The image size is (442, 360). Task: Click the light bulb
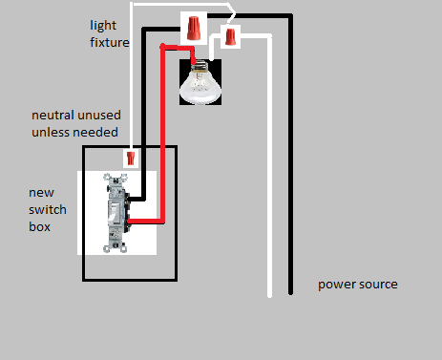[x=200, y=82]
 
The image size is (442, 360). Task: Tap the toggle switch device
[x=117, y=213]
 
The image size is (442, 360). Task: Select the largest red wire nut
[x=194, y=28]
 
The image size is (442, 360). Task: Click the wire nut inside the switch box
[x=131, y=159]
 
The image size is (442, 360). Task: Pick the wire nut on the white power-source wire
[x=230, y=36]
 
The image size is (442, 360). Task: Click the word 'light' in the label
[x=103, y=26]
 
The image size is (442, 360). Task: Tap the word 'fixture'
[x=110, y=42]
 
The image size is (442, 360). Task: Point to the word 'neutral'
[x=53, y=116]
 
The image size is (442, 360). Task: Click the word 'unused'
[x=98, y=116]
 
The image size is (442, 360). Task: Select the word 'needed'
[x=97, y=133]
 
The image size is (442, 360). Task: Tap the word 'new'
[x=41, y=193]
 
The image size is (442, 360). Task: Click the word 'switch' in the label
[x=48, y=210]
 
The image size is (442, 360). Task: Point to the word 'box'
[x=39, y=227]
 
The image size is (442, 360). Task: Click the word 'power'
[x=334, y=285]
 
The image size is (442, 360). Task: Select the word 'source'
[x=376, y=285]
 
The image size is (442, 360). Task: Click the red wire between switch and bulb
[x=163, y=134]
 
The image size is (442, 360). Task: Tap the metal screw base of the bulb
[x=200, y=66]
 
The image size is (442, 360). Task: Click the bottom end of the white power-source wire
[x=269, y=296]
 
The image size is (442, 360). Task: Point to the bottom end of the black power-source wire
[x=290, y=293]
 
